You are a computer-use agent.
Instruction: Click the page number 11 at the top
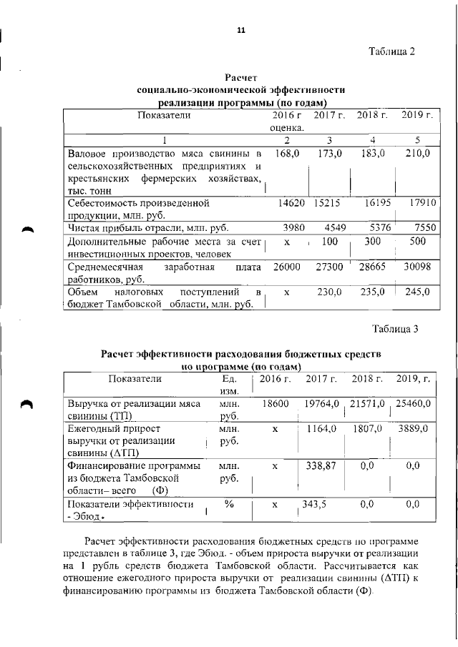click(x=240, y=30)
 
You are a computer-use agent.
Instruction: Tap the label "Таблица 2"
click(x=391, y=51)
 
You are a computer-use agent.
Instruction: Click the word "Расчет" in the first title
click(x=240, y=77)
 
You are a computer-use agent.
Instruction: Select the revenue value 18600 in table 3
click(x=276, y=404)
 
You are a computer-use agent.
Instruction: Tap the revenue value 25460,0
click(x=415, y=404)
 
